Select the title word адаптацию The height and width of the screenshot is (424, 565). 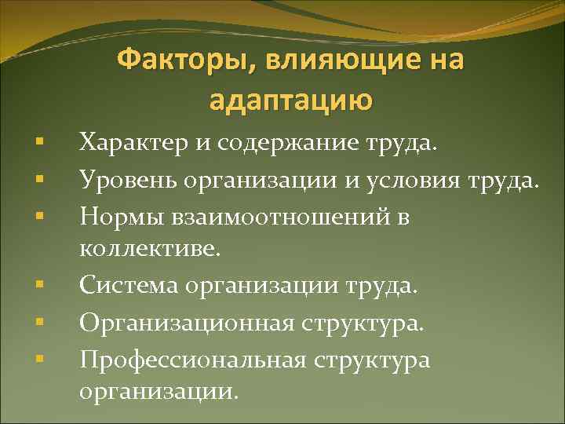[x=290, y=100]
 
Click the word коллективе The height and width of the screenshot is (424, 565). [x=151, y=250]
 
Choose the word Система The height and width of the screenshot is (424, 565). [x=128, y=285]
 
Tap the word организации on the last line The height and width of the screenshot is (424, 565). [x=157, y=391]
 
